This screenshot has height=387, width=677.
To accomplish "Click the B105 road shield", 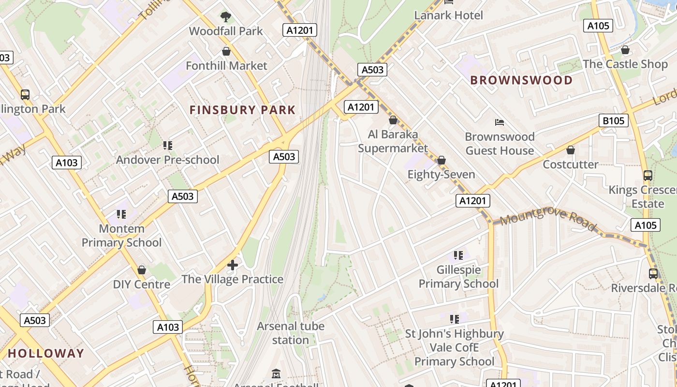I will (613, 120).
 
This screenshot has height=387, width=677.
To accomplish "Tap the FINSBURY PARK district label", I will (242, 110).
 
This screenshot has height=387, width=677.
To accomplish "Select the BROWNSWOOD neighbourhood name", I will (521, 80).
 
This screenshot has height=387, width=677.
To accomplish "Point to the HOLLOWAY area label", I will (46, 353).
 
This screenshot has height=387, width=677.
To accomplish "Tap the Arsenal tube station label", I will (290, 333).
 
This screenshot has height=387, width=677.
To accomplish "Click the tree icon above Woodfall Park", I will (225, 17).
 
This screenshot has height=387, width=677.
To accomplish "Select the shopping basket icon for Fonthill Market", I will (226, 51).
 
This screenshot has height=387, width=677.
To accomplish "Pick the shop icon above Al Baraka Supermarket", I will (393, 120).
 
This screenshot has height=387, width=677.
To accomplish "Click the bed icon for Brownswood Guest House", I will (500, 122).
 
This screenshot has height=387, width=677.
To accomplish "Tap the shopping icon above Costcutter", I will (571, 150).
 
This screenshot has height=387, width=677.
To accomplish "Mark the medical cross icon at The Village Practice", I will (233, 265).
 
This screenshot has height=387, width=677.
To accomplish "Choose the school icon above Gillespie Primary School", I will (458, 255).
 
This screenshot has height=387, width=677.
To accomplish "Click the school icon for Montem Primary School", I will (121, 214).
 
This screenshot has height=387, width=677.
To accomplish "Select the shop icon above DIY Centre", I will (142, 270).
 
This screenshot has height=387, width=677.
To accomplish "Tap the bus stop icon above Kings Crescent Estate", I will (648, 176).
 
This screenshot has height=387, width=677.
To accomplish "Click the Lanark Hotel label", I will (448, 15).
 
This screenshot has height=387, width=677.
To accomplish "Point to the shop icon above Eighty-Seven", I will (441, 160).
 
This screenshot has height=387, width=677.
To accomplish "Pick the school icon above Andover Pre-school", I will (168, 145).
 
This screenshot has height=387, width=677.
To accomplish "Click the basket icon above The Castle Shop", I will (625, 50).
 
